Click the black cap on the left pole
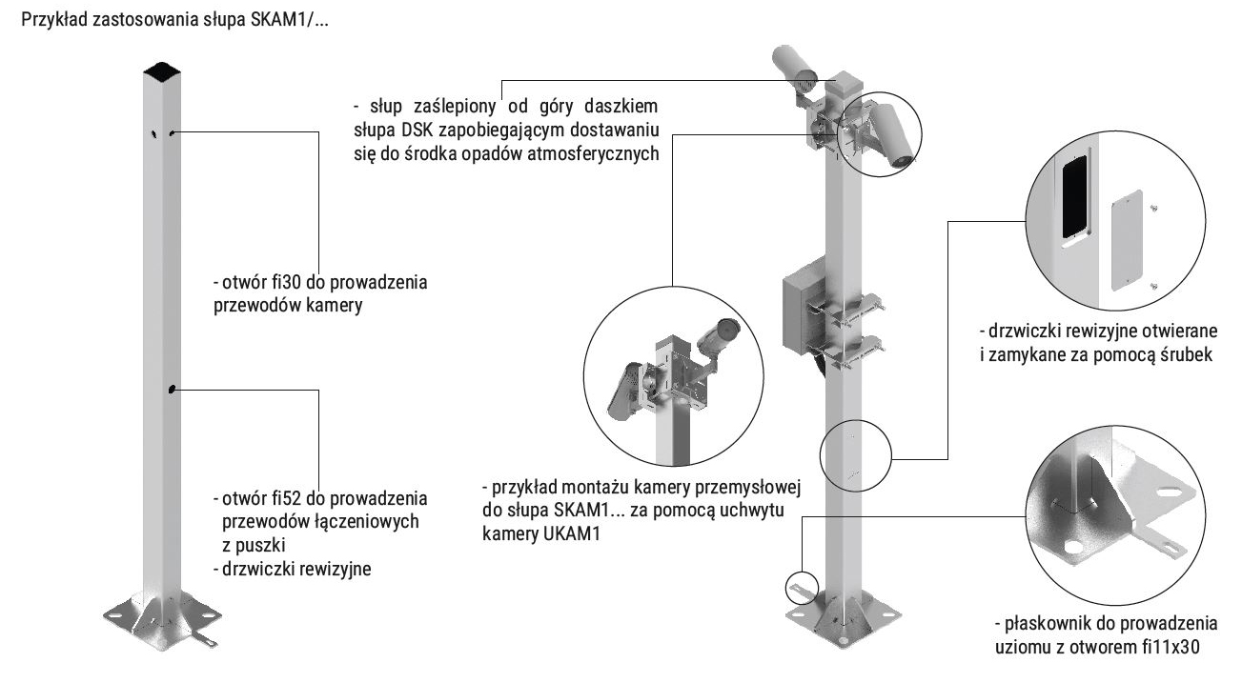click(160, 70)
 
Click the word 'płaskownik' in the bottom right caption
click(1042, 624)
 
